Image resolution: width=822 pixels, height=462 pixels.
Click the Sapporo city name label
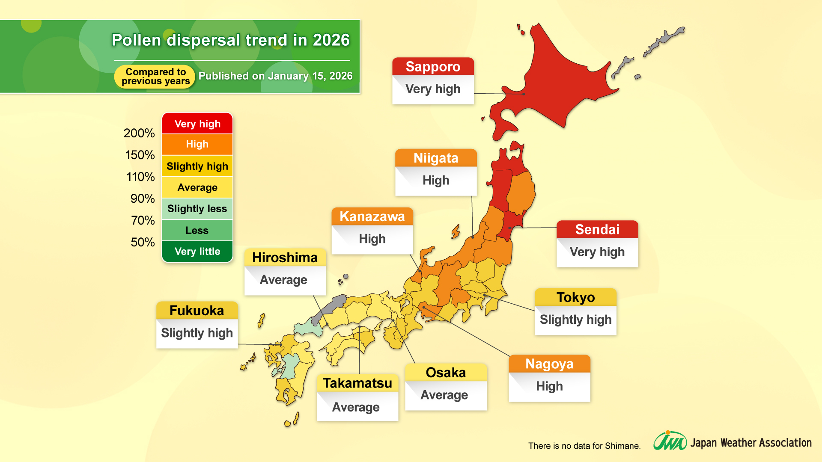coord(433,67)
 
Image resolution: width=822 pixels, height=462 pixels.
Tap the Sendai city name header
coord(597,230)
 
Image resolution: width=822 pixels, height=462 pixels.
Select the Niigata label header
coord(436,158)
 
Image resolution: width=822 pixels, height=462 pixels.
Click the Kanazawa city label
coord(372,217)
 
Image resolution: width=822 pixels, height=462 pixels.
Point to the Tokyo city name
coord(575,297)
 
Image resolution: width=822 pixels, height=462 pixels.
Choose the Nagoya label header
coord(549,364)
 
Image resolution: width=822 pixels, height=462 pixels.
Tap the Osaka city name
coord(446,373)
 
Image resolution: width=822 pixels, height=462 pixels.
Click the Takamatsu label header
coord(357,383)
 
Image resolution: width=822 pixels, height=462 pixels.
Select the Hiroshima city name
coord(285,258)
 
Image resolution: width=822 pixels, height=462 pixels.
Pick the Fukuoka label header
coord(197,311)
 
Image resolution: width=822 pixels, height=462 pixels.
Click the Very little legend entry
coord(197,252)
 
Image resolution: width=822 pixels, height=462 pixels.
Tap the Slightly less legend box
coord(197,209)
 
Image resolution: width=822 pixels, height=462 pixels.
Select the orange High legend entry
coord(197,144)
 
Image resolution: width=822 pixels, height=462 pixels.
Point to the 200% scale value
coord(139,133)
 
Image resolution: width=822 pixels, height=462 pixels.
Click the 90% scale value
coord(143,199)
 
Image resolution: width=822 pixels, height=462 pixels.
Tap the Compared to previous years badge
coord(155,77)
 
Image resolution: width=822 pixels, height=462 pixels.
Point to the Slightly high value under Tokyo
coord(575,320)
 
